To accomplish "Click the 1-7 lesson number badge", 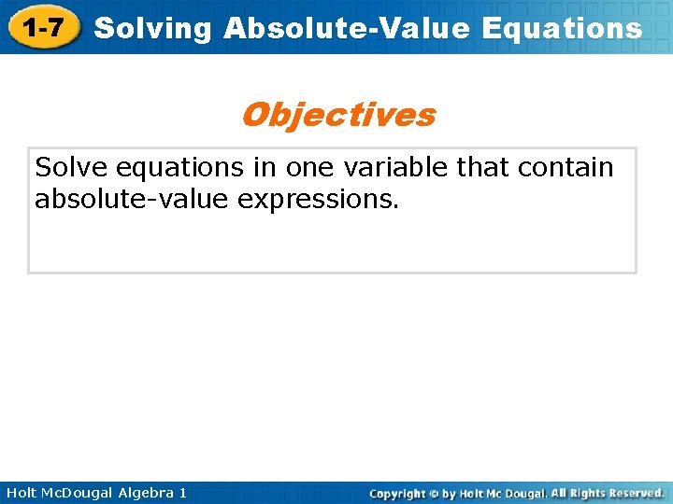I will pos(44,28).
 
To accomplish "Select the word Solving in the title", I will pos(154,28).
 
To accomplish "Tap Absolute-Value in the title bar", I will pos(348,28).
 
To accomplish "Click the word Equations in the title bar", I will pos(562,28).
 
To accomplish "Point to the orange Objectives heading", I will pos(337,115).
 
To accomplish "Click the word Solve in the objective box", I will pos(69,168).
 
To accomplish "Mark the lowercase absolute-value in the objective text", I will pos(132,200).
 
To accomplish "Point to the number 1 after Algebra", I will pos(182,493).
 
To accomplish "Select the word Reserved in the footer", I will pos(636,493).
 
